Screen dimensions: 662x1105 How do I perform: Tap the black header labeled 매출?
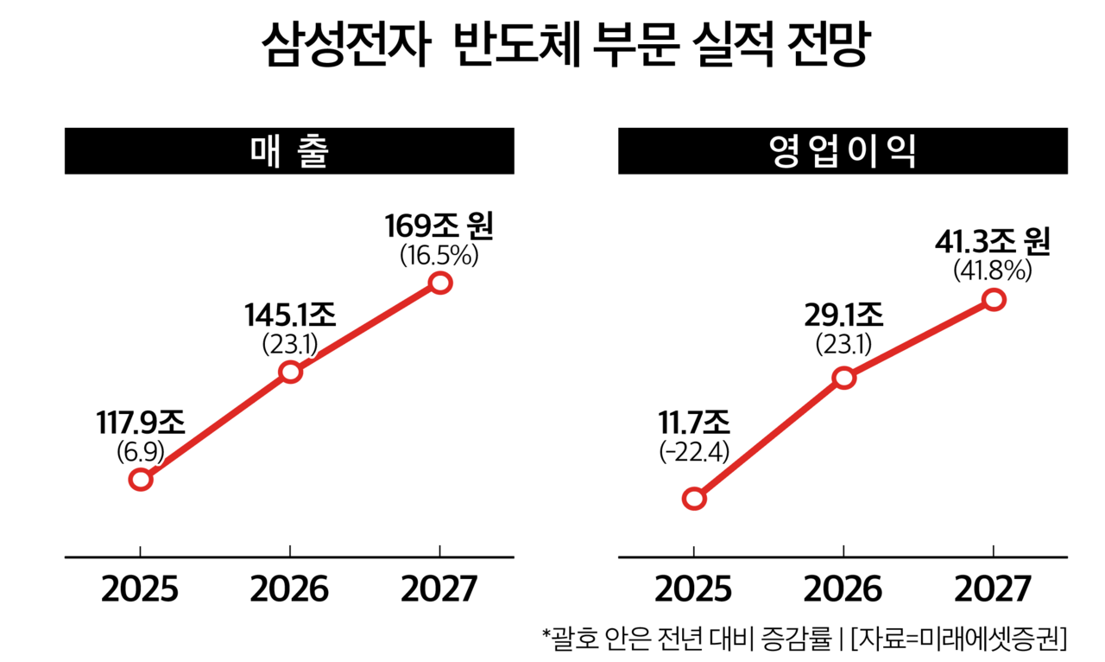pyautogui.click(x=289, y=151)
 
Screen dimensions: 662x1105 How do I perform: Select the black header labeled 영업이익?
pyautogui.click(x=843, y=151)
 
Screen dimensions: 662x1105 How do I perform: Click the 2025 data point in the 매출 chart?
pyautogui.click(x=141, y=479)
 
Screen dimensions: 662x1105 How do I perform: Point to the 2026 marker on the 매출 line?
pyautogui.click(x=291, y=372)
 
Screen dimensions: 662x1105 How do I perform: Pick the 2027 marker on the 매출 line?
pyautogui.click(x=440, y=283)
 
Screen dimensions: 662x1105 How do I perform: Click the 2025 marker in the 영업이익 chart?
pyautogui.click(x=694, y=499)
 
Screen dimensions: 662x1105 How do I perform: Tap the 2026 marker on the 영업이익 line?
pyautogui.click(x=844, y=378)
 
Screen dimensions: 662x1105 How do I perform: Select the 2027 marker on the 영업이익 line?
pyautogui.click(x=994, y=300)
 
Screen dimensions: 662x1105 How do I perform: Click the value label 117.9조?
pyautogui.click(x=140, y=422)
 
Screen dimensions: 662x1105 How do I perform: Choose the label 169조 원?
pyautogui.click(x=439, y=227)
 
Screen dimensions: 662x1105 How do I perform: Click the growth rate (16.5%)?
pyautogui.click(x=439, y=256)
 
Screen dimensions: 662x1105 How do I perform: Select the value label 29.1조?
pyautogui.click(x=843, y=315)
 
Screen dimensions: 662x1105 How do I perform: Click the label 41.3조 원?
pyautogui.click(x=993, y=242)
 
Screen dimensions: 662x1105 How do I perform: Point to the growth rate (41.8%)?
pyautogui.click(x=993, y=271)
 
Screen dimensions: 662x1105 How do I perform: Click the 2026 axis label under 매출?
pyautogui.click(x=290, y=589)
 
